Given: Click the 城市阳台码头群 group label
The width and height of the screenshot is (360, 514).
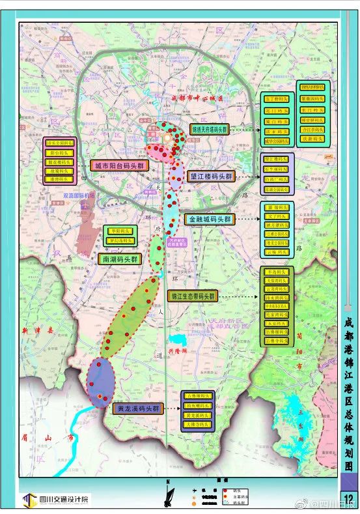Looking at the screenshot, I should (x=119, y=165).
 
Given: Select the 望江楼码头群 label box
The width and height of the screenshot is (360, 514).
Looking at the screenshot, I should (x=211, y=177).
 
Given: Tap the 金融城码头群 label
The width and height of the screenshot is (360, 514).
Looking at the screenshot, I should (x=210, y=220).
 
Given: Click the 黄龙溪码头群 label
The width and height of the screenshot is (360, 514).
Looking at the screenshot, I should (x=137, y=409).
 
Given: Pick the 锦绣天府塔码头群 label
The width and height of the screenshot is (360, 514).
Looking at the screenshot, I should (x=210, y=130).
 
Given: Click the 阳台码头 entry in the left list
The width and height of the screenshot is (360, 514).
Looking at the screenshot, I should (x=61, y=152).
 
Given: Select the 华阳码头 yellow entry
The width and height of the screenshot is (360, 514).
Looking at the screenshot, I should (x=120, y=231).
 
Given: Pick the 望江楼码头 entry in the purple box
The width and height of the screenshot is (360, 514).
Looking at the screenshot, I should (x=277, y=159).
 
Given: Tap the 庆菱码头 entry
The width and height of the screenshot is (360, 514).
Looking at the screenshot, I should (x=314, y=139).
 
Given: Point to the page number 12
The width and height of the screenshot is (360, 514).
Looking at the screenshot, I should (x=348, y=500).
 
